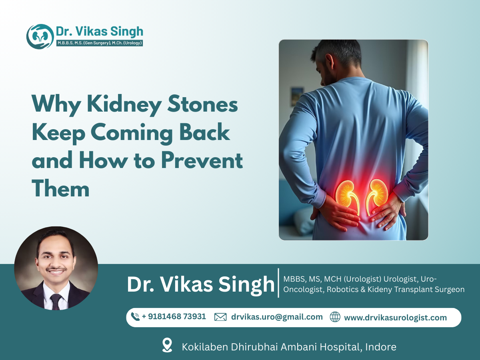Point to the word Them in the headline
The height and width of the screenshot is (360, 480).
(60, 188)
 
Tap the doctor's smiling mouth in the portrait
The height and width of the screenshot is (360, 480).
(56, 272)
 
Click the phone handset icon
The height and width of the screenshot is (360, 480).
(135, 317)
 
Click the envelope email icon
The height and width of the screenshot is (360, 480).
(220, 317)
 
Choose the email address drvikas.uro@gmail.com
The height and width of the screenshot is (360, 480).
(277, 317)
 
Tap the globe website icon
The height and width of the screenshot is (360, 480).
(335, 317)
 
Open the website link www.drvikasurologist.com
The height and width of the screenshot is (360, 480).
(395, 318)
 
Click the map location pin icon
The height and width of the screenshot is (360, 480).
(167, 345)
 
